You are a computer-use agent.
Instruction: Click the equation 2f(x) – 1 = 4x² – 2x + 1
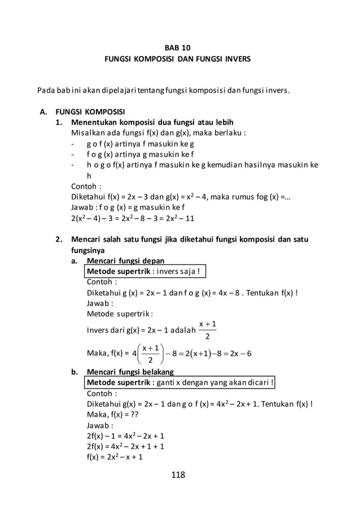tap(125, 435)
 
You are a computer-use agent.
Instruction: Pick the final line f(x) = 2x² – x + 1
tap(115, 457)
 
